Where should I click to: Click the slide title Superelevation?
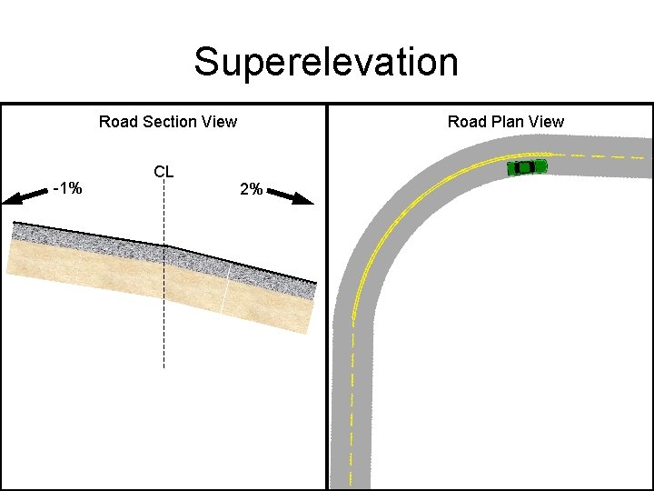tap(326, 63)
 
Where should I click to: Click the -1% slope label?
tap(67, 189)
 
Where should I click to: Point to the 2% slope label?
tap(251, 190)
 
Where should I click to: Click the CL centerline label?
tap(163, 171)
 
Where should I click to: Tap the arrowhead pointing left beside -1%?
tap(11, 199)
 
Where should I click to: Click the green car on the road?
tap(527, 167)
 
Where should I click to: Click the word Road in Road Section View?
tap(117, 122)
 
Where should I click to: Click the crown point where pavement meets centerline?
tap(163, 245)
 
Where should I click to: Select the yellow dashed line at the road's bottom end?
tap(351, 464)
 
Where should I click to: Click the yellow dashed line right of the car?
tap(599, 155)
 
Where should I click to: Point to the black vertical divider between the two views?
tap(326, 300)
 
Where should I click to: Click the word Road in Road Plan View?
tap(466, 122)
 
